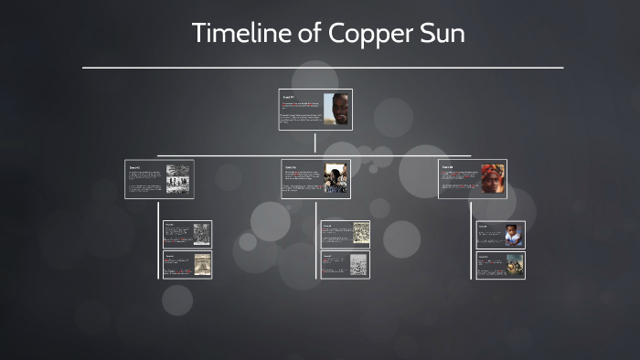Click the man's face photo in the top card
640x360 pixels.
(339, 109)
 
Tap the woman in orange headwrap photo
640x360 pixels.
(493, 178)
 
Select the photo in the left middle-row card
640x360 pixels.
(178, 178)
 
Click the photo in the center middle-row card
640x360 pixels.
(336, 178)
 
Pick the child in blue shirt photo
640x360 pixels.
(513, 235)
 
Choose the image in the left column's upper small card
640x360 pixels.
(200, 234)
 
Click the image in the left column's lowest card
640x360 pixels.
(200, 264)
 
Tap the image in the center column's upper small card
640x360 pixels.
(360, 234)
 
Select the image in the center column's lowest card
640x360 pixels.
(358, 264)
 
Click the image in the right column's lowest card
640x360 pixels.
(513, 264)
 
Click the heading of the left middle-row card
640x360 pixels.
(134, 167)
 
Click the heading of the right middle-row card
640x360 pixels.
(447, 167)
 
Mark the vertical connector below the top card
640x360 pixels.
(315, 143)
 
